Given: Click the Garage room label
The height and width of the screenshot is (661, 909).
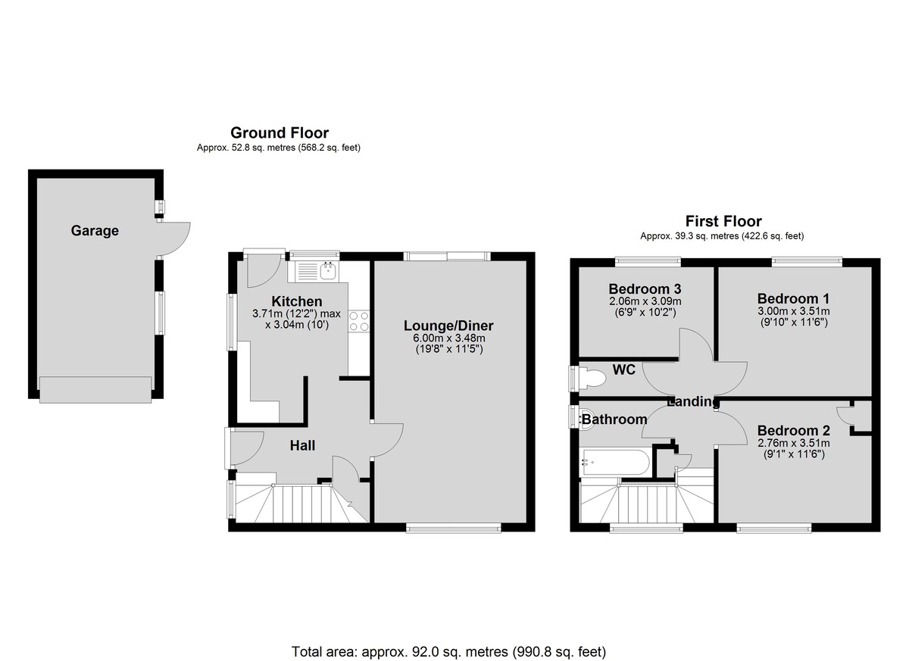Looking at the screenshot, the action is pyautogui.click(x=95, y=231).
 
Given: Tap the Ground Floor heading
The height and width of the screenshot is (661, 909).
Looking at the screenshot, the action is pyautogui.click(x=280, y=133).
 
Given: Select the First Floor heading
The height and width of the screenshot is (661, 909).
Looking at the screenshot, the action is pyautogui.click(x=723, y=221).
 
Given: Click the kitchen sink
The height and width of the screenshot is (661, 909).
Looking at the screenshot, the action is pyautogui.click(x=315, y=271).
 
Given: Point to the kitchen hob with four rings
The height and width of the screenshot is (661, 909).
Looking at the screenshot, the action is pyautogui.click(x=359, y=321).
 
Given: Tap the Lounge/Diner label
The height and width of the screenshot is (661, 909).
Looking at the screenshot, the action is pyautogui.click(x=448, y=326).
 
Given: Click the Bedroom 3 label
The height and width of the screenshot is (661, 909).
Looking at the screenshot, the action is pyautogui.click(x=645, y=288).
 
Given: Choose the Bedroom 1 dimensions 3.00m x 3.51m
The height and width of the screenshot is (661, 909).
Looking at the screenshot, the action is pyautogui.click(x=793, y=311).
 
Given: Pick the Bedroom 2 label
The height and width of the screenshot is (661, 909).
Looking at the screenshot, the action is pyautogui.click(x=793, y=430).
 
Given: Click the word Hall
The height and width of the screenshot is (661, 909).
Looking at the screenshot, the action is pyautogui.click(x=302, y=446).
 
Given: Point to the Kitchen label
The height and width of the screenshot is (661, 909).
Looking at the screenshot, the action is pyautogui.click(x=297, y=301).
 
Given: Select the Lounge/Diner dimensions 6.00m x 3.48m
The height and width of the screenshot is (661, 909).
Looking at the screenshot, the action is pyautogui.click(x=448, y=338).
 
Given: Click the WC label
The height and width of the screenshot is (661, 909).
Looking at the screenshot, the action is pyautogui.click(x=623, y=369).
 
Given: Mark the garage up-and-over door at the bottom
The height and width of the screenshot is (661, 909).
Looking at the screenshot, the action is pyautogui.click(x=95, y=390).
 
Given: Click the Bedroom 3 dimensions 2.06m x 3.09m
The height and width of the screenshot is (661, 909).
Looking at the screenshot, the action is pyautogui.click(x=645, y=301).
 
